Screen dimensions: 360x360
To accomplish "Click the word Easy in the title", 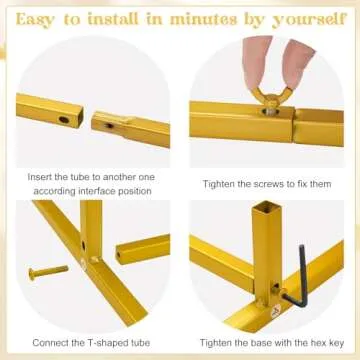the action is tap(36, 20).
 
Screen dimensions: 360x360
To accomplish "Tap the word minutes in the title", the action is tap(203, 19).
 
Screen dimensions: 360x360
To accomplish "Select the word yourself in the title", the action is tap(309, 20).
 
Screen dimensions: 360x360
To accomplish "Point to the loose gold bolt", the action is tap(48, 272).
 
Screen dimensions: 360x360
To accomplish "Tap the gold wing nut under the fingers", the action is tap(272, 99).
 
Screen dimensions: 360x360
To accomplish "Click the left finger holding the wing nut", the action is tap(256, 62).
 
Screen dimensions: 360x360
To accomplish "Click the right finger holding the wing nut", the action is tap(297, 63).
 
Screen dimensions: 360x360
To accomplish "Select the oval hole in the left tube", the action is tap(64, 119).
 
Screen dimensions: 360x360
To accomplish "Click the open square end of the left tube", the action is tap(79, 118).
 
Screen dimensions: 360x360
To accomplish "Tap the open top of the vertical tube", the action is tap(266, 207).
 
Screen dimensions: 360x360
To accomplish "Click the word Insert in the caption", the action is tap(39, 177).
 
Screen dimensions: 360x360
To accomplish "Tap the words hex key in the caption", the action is tap(327, 343).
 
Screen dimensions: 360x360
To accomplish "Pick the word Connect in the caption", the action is tap(46, 343).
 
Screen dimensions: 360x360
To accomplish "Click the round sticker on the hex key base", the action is tap(276, 313).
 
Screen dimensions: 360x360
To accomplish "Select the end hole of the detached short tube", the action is tap(118, 255).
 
